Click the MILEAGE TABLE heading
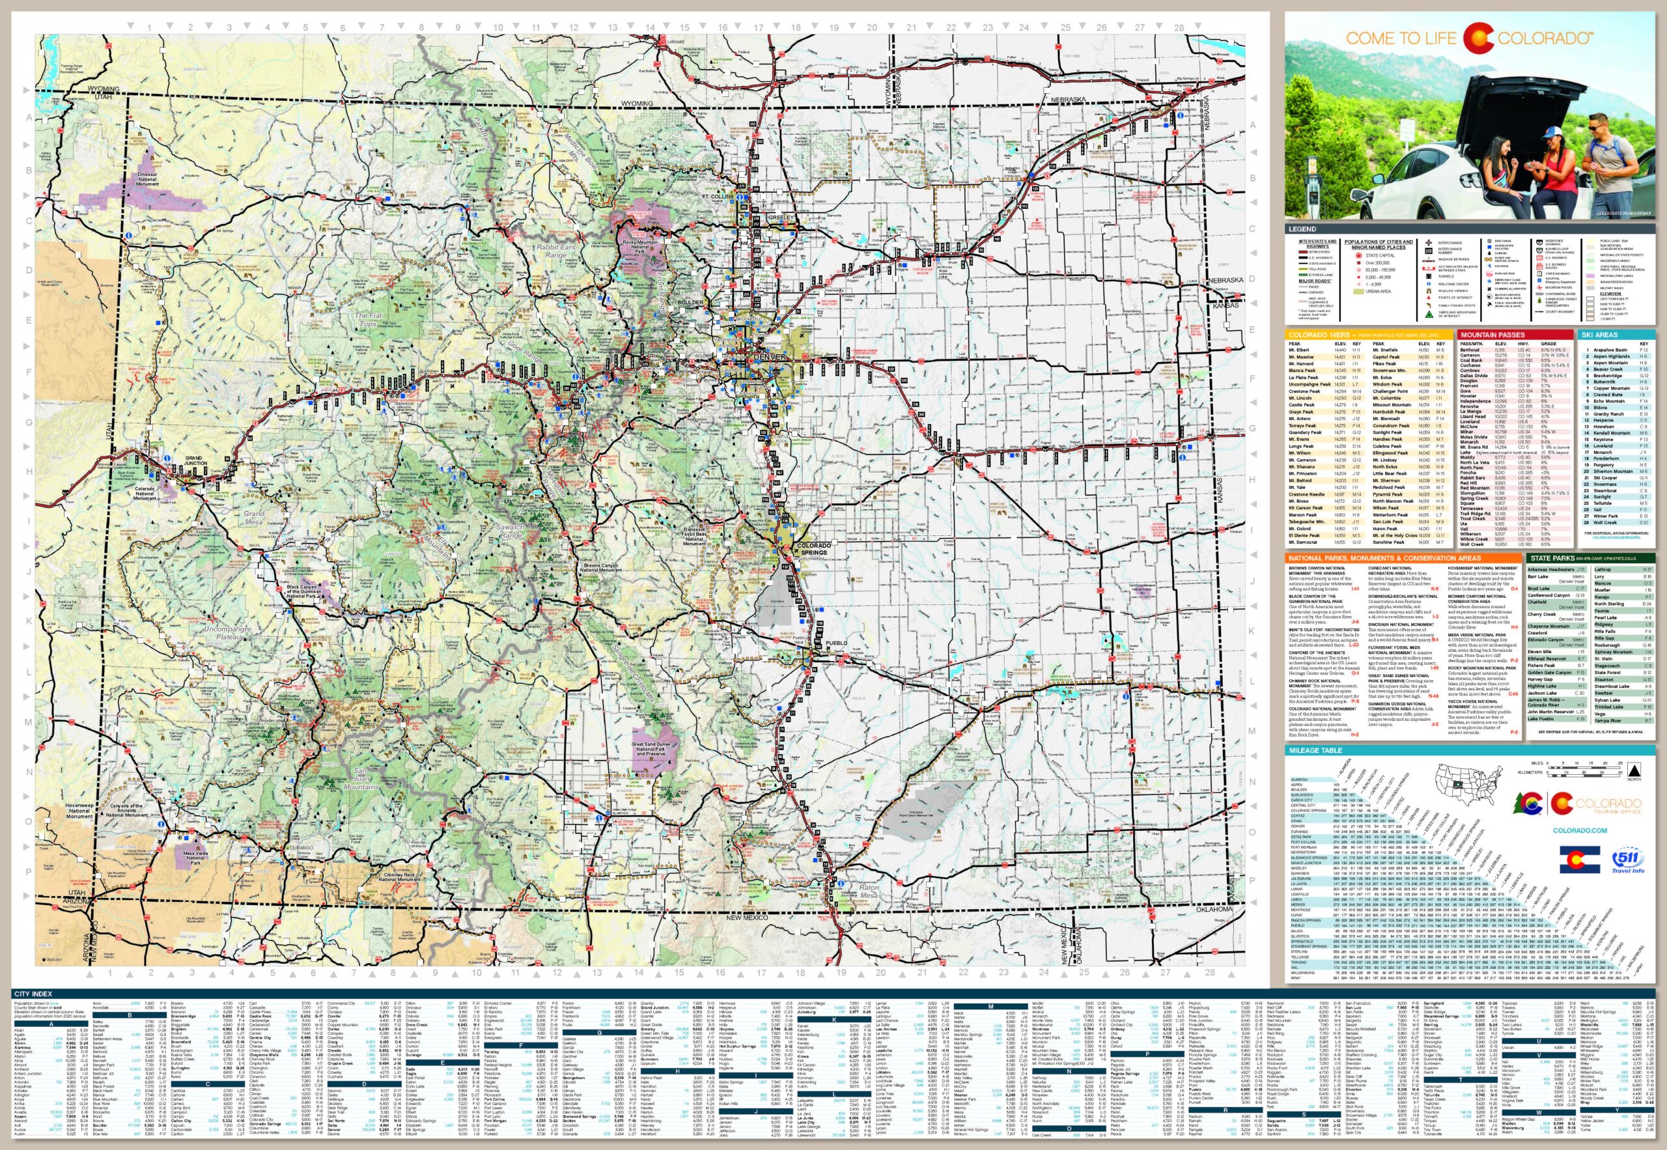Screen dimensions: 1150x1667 pyautogui.click(x=1316, y=750)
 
